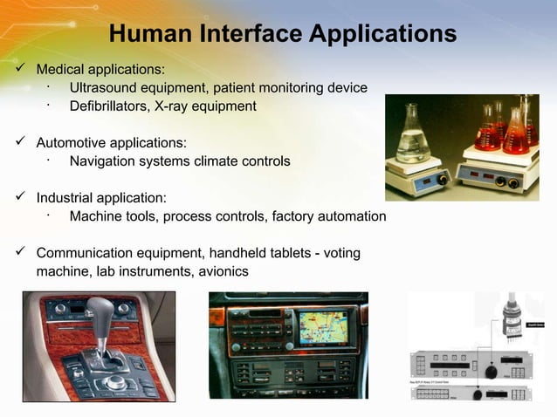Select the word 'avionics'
point(222,272)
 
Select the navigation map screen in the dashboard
point(322,326)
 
